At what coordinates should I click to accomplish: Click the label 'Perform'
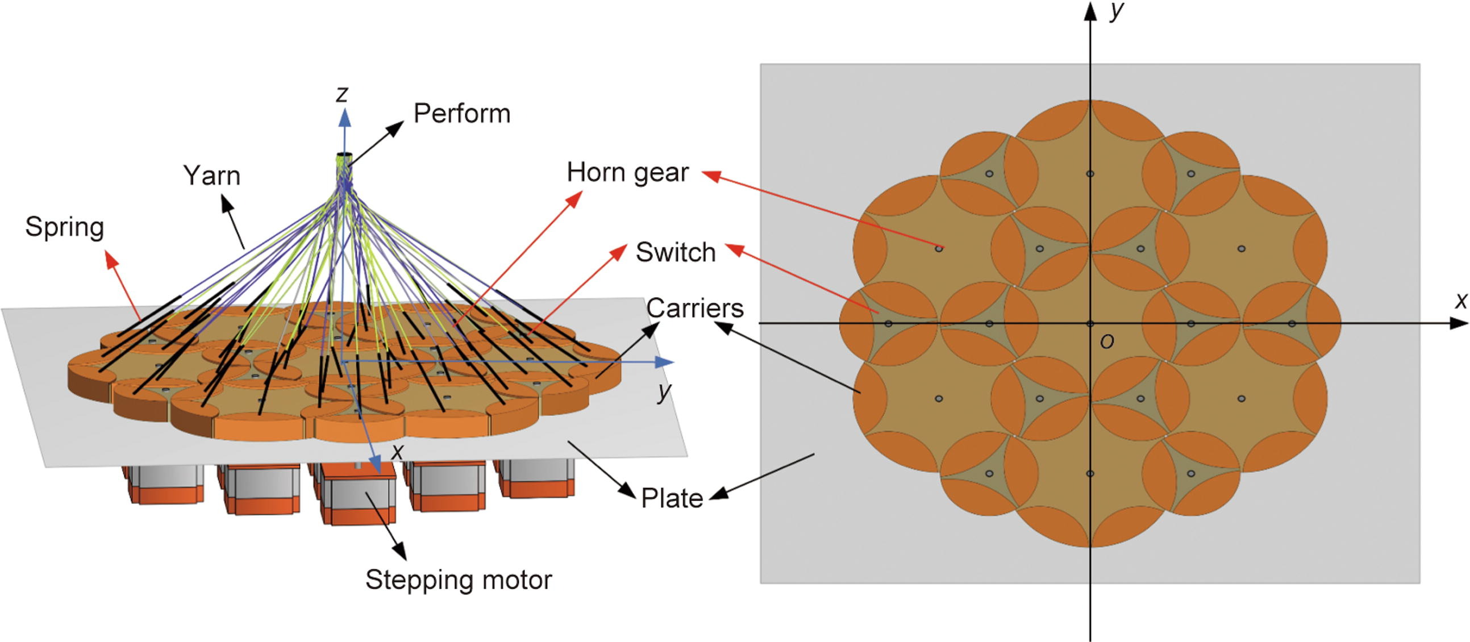pos(461,114)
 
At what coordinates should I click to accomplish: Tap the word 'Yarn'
pos(212,176)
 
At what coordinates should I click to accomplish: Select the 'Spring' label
pos(64,227)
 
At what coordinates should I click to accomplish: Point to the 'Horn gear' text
pos(627,172)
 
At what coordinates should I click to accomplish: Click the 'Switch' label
pos(676,252)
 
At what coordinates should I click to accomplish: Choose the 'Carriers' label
pos(694,309)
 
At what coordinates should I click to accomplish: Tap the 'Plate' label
pos(672,498)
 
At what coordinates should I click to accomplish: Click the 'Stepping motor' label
pos(458,580)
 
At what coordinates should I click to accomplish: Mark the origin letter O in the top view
pos(1106,342)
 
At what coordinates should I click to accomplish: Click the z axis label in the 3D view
pos(342,94)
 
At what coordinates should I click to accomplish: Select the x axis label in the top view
pos(1460,300)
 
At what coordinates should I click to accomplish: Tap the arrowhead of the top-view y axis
pos(1090,11)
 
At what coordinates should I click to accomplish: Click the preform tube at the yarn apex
pos(345,159)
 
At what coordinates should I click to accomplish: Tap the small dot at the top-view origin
pos(1090,324)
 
